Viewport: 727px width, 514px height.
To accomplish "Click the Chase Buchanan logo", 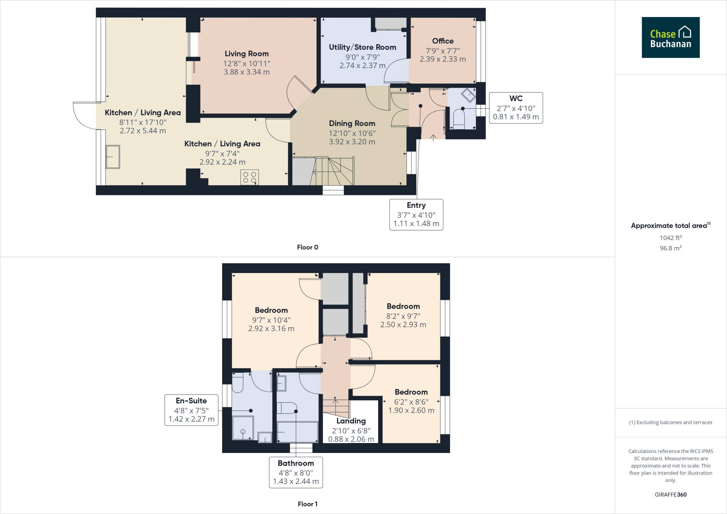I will coord(670,38).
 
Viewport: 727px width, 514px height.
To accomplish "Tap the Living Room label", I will coord(246,54).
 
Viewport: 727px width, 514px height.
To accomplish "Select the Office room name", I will coord(443,41).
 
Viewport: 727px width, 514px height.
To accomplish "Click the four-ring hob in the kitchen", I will coord(250,177).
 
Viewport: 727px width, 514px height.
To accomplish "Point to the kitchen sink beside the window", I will coord(113,157).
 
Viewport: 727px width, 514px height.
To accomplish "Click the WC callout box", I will coord(516,108).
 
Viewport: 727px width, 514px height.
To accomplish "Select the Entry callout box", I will coord(416,214).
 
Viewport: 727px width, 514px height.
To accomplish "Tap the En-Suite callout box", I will coord(191,410).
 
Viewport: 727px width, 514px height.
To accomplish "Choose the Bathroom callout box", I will coord(296,472).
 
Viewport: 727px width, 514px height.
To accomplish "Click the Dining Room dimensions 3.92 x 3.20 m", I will coord(352,142).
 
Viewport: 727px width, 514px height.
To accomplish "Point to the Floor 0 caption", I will coord(307,247).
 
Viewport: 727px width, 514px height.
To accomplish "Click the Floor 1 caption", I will coord(307,504).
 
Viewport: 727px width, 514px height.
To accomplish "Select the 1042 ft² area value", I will coord(671,238).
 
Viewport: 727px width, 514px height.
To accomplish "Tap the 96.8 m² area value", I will coord(671,248).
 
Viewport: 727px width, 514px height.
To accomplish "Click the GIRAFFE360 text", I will coord(671,494).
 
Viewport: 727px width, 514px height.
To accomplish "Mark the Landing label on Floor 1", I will coord(351,421).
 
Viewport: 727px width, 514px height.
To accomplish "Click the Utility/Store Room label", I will coord(362,47).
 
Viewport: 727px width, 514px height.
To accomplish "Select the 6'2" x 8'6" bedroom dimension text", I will coord(411,402).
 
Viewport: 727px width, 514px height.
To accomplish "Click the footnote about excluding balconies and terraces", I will coord(671,422).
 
